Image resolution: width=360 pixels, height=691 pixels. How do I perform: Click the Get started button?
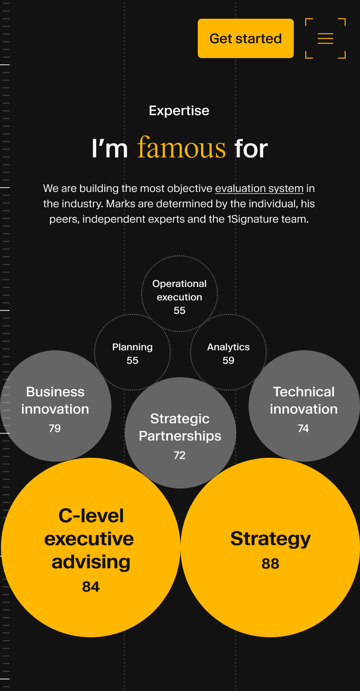click(x=245, y=38)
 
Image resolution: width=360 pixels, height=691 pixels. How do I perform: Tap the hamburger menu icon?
click(x=325, y=38)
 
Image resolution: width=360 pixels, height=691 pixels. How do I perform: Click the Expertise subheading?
click(x=179, y=111)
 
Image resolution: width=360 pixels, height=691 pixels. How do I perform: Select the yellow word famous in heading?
click(x=181, y=148)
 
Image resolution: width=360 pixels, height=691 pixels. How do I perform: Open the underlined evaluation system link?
click(x=259, y=188)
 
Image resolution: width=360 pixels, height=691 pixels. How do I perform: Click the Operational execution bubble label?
click(x=180, y=290)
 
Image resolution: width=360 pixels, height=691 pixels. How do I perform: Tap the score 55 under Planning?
click(x=132, y=360)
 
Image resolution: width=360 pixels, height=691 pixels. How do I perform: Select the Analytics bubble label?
click(x=228, y=347)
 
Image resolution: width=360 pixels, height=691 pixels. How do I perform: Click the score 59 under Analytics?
click(x=228, y=360)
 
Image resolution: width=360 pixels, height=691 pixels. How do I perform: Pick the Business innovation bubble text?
click(x=55, y=400)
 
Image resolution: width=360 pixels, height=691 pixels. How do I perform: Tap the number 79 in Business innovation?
click(x=55, y=428)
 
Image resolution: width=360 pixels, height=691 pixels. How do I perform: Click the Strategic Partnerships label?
click(x=180, y=427)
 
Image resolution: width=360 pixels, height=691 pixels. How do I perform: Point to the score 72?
click(x=180, y=455)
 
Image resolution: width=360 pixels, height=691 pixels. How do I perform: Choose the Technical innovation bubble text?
click(x=303, y=400)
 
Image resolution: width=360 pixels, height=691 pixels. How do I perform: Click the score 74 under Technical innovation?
click(x=303, y=428)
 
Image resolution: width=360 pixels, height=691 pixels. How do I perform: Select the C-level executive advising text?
click(x=90, y=538)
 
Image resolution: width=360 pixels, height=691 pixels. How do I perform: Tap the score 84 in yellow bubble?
click(x=91, y=586)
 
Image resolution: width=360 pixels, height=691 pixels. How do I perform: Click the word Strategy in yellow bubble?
click(x=270, y=538)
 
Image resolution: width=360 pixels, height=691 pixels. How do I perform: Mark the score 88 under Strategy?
click(x=270, y=563)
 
